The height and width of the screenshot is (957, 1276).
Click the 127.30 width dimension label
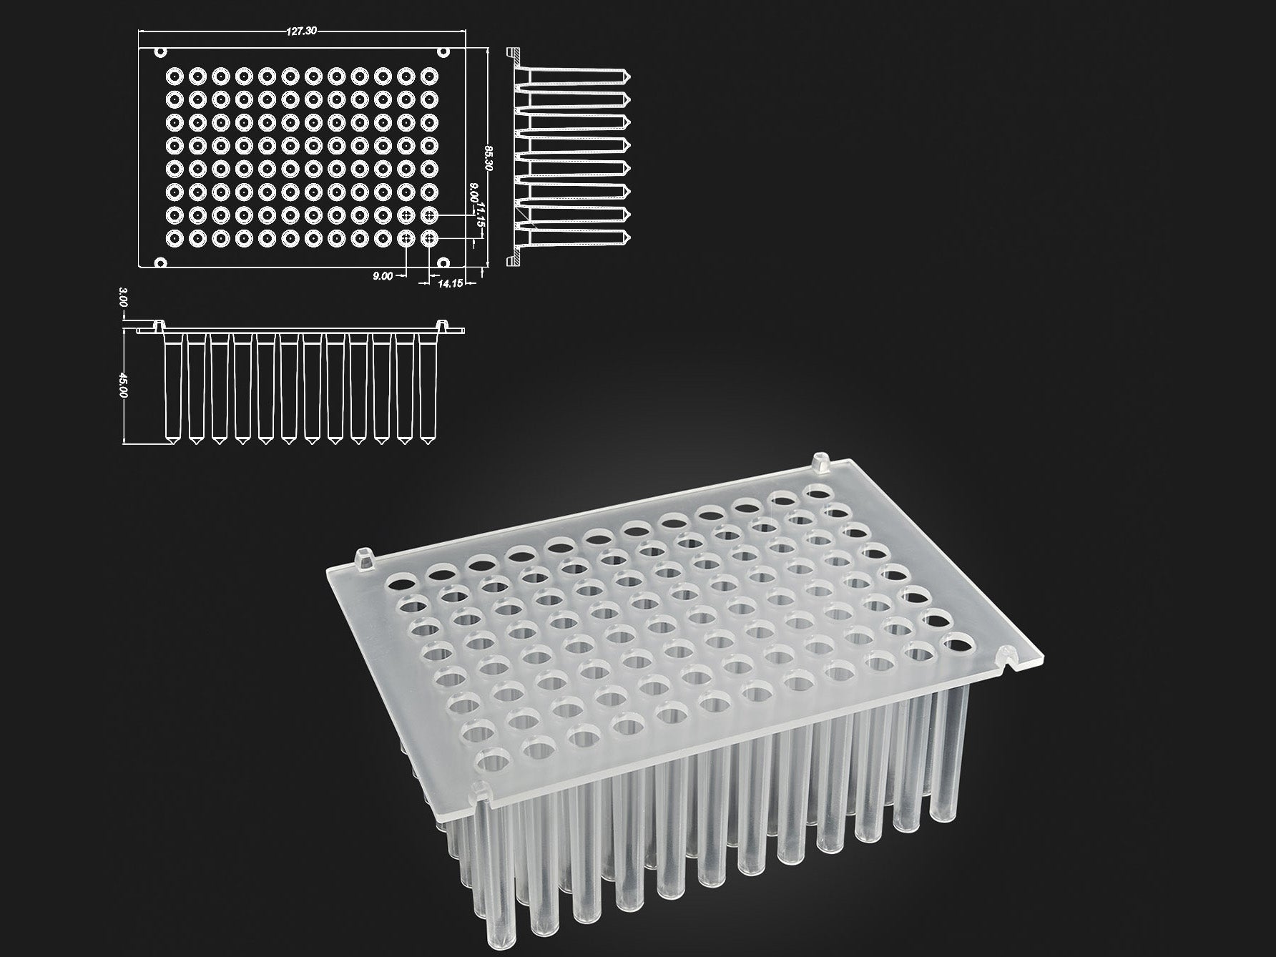303,31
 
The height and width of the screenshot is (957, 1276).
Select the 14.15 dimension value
450,283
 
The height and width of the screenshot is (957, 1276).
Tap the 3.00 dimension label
123,297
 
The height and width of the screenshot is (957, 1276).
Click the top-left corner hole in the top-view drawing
161,52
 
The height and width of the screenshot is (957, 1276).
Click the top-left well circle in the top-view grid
174,75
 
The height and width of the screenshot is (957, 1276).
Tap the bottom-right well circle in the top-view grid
430,237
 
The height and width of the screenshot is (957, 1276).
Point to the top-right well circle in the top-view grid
430,75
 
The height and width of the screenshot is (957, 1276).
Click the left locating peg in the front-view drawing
159,325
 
